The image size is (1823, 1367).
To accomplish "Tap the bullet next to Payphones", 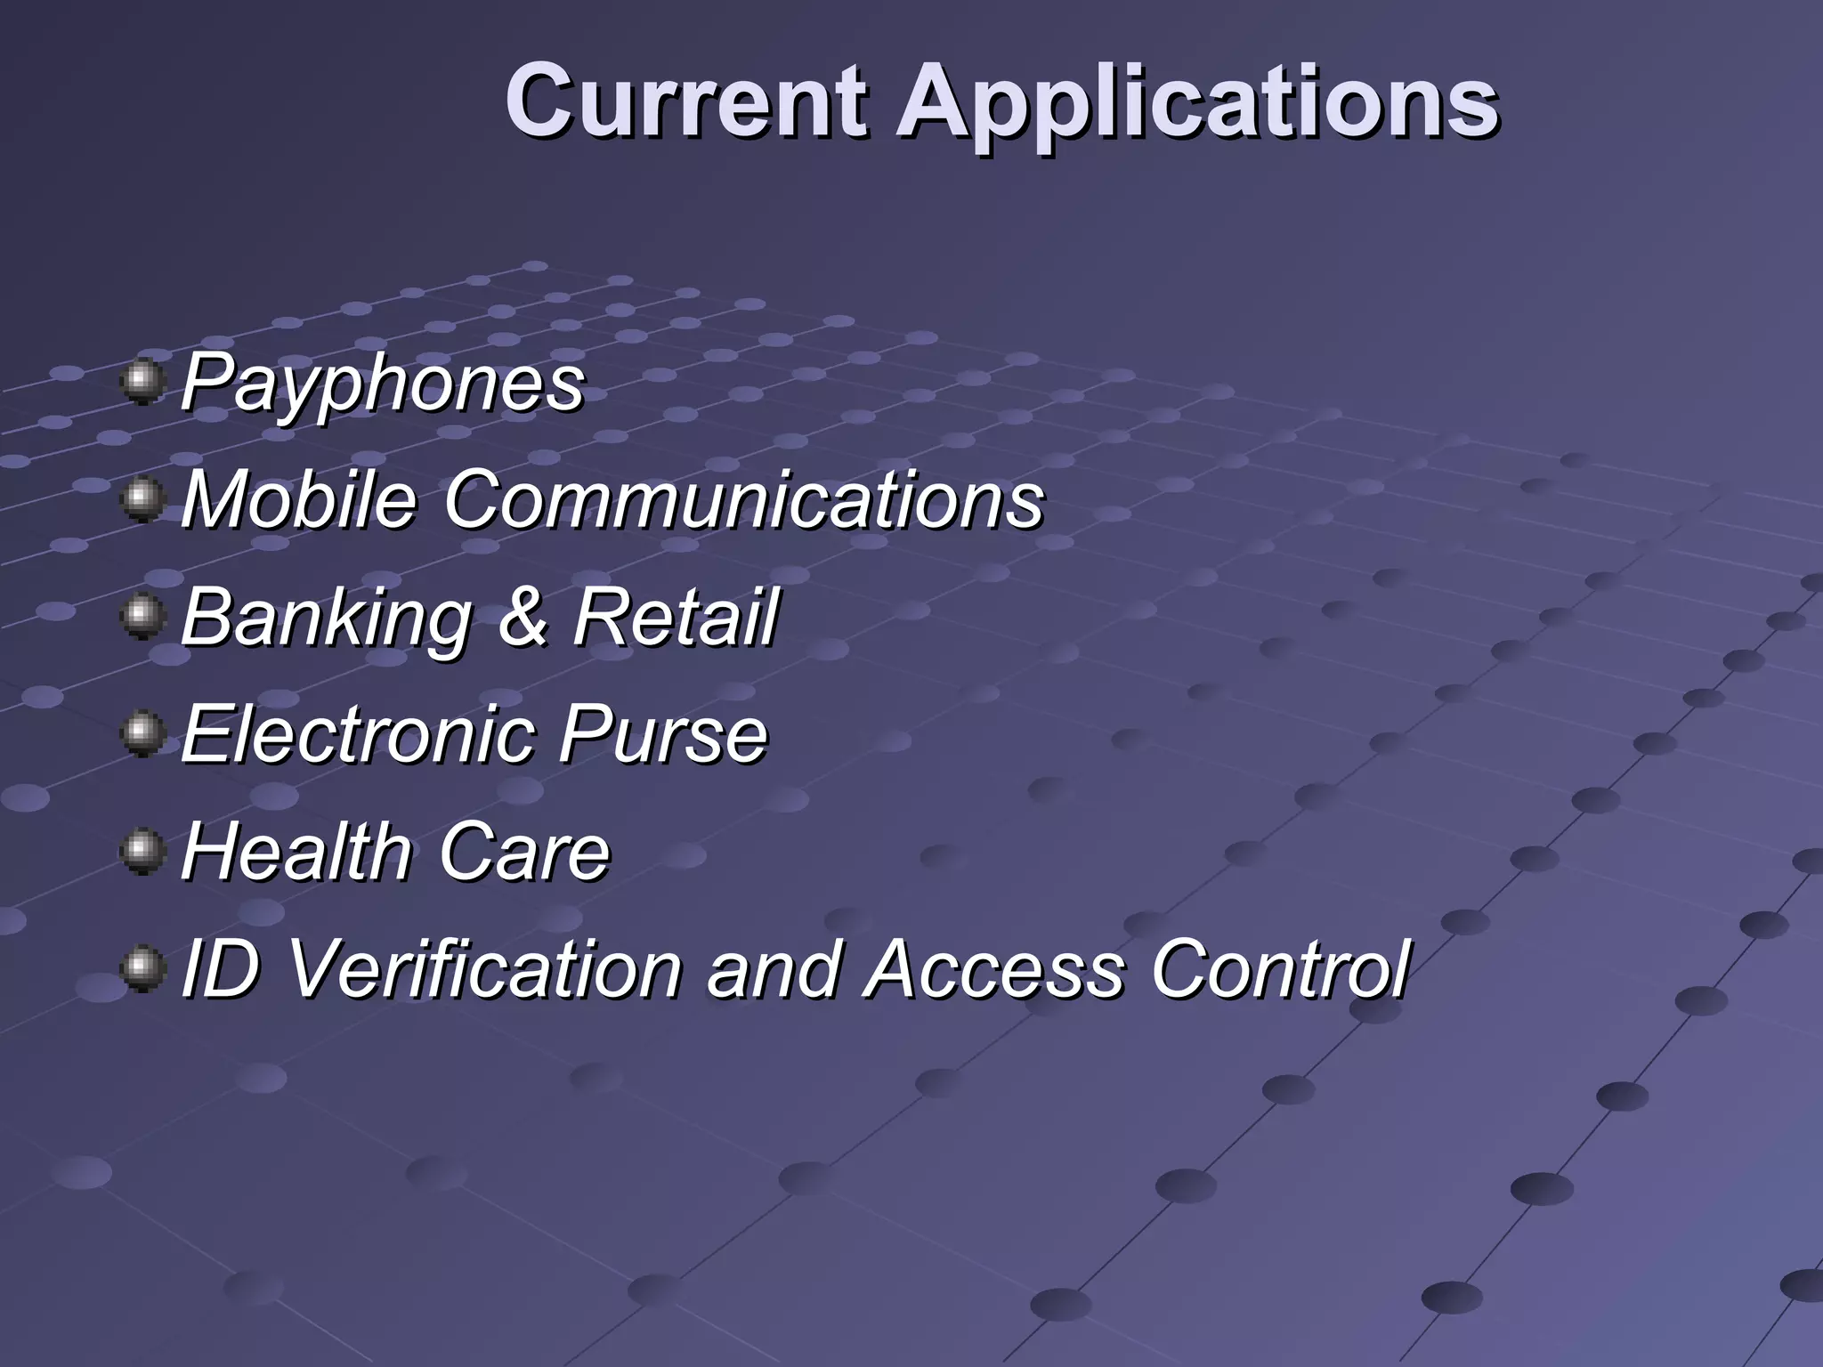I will (142, 382).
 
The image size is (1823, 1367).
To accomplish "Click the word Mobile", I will (298, 499).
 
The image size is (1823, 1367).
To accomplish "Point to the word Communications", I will (743, 499).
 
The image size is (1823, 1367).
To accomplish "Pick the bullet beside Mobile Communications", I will (142, 499).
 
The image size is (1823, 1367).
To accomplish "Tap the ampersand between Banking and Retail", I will (523, 617).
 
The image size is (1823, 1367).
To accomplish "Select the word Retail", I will (675, 617).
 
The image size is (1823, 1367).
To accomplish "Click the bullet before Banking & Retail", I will (142, 616).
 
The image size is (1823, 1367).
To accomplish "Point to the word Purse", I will (662, 734).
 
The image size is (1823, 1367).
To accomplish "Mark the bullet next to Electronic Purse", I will (142, 733).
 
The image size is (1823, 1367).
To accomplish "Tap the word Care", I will (523, 852).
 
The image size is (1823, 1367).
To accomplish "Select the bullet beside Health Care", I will (142, 851).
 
